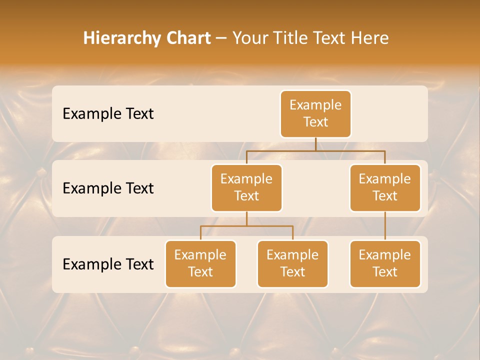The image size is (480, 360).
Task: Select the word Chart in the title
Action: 187,38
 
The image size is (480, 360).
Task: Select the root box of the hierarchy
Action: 315,114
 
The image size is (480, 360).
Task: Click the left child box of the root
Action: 246,188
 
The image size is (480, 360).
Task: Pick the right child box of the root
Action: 385,188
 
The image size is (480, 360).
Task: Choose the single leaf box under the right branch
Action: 385,264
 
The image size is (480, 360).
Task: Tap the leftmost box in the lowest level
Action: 200,264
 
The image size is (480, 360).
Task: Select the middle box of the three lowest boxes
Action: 292,264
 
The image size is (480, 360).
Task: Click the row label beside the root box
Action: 108,114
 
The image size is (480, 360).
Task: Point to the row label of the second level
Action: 108,188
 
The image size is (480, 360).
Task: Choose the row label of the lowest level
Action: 108,264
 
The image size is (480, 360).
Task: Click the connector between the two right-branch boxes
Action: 385,226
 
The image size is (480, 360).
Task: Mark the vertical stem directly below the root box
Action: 315,144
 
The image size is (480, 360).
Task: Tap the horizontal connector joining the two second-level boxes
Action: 315,150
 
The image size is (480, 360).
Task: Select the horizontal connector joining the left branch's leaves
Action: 246,226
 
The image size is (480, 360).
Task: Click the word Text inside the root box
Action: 315,122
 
